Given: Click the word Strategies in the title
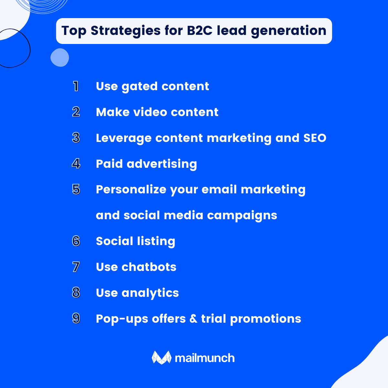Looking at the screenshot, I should tap(125, 31).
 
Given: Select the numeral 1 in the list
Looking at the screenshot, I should tap(76, 86).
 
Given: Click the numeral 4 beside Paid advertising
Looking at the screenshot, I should tap(76, 164).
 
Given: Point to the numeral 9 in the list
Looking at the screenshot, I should tap(76, 318).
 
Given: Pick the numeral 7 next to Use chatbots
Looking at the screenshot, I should tap(76, 267).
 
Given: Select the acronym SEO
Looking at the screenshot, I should tap(315, 138).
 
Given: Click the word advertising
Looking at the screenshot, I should tap(162, 164).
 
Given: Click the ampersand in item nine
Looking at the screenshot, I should tap(193, 319).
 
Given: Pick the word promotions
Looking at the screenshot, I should tap(265, 319).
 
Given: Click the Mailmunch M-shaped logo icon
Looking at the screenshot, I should tap(161, 357).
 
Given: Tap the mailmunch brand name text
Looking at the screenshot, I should tap(205, 358).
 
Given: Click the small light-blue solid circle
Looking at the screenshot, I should tap(60, 58).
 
